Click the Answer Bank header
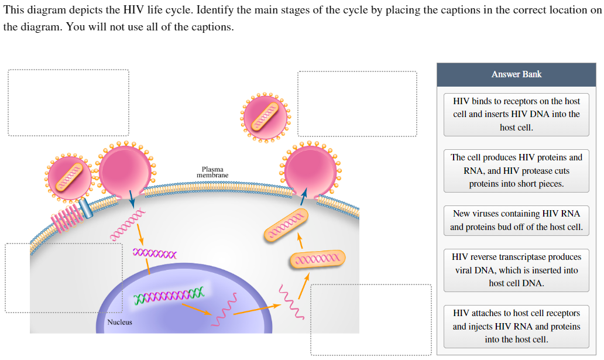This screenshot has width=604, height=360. pyautogui.click(x=516, y=74)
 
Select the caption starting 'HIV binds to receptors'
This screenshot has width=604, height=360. pyautogui.click(x=516, y=114)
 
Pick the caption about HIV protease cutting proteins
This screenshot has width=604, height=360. pyautogui.click(x=516, y=170)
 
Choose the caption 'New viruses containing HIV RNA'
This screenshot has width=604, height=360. pyautogui.click(x=516, y=220)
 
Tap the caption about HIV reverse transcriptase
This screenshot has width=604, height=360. pyautogui.click(x=516, y=270)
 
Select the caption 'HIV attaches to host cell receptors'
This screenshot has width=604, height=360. pyautogui.click(x=516, y=326)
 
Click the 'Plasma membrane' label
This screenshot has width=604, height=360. pyautogui.click(x=212, y=172)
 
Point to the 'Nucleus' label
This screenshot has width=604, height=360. pyautogui.click(x=119, y=322)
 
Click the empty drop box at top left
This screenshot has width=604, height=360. pyautogui.click(x=68, y=103)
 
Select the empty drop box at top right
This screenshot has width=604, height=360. pyautogui.click(x=357, y=104)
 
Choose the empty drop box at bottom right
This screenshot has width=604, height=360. pyautogui.click(x=370, y=319)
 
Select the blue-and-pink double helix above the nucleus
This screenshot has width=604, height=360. pyautogui.click(x=155, y=253)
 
